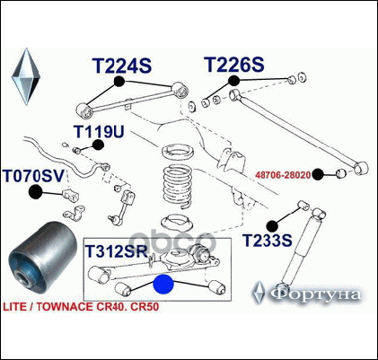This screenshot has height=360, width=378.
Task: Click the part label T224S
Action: (122, 66)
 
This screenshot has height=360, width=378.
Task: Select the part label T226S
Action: (234, 65)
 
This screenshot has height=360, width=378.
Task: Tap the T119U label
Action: (99, 131)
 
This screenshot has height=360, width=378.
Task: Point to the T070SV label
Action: (34, 176)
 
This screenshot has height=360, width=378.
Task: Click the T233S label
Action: (267, 241)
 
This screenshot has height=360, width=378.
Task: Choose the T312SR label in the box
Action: (117, 251)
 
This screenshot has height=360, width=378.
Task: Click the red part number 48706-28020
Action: (283, 175)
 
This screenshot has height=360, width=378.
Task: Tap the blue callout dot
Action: (163, 285)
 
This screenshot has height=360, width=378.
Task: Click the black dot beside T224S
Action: (119, 82)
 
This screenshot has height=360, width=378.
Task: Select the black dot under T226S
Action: (233, 81)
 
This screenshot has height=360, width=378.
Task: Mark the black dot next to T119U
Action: (98, 145)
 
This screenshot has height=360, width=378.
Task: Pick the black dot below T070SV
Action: (35, 192)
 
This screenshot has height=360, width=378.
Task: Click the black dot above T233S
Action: (272, 226)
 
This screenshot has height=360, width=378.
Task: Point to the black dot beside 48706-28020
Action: (318, 174)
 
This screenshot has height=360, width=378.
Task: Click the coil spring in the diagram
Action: (178, 186)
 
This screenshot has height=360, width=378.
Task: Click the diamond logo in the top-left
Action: (26, 76)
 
